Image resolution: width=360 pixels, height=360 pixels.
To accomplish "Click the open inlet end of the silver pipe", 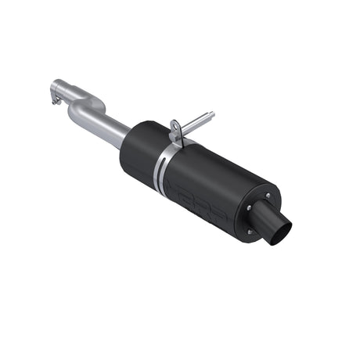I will [x=55, y=85].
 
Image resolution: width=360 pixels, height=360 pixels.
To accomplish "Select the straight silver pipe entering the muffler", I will [x=110, y=128].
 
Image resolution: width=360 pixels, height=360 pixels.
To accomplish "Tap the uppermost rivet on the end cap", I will [x=267, y=196].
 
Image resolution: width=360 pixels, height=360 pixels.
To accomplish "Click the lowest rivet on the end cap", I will [x=250, y=232].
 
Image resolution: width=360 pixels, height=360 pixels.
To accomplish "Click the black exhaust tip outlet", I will [x=280, y=230].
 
